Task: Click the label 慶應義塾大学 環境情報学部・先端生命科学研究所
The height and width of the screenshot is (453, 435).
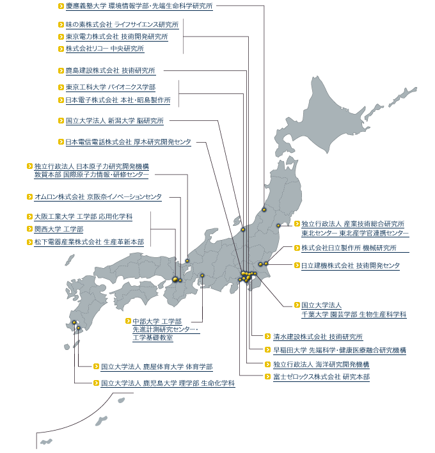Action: click(x=139, y=6)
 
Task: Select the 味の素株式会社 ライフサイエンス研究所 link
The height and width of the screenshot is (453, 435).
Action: click(x=122, y=25)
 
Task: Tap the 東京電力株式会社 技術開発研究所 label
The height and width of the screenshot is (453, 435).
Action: click(x=116, y=36)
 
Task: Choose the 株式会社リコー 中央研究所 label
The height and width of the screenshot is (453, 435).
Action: click(x=105, y=49)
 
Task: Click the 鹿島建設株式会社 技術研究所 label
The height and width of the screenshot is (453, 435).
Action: click(x=110, y=70)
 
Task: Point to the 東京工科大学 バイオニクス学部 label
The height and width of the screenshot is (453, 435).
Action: click(x=111, y=87)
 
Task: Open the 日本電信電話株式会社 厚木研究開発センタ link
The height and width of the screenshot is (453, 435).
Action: click(x=128, y=142)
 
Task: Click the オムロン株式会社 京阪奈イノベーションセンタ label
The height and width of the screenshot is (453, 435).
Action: click(x=98, y=197)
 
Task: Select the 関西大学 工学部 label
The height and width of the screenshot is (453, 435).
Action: click(x=59, y=230)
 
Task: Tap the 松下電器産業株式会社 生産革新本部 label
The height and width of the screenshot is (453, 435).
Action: click(x=89, y=242)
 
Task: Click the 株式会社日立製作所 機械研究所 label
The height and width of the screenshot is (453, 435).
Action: click(x=349, y=248)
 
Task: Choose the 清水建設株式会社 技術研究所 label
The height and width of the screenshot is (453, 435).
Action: click(x=318, y=337)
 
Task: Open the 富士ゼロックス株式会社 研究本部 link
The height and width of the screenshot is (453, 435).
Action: click(x=322, y=377)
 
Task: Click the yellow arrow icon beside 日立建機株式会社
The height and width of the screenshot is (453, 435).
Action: click(x=297, y=266)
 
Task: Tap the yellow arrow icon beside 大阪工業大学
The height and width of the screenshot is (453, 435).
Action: click(x=29, y=216)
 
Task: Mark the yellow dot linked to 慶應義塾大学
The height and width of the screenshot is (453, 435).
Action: click(x=264, y=210)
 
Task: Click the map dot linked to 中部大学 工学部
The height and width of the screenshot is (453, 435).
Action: click(x=202, y=275)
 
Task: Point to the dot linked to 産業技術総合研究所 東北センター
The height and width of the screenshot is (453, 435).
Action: click(x=278, y=226)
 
